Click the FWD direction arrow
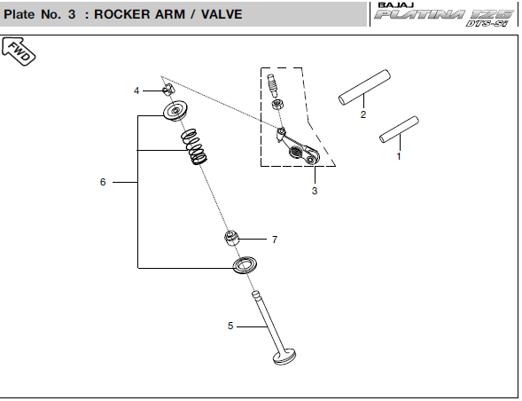pos(19,51)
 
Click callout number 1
pos(399,156)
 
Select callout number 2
pos(363,114)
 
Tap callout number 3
pos(315,191)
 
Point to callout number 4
pos(136,90)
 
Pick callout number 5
pos(230,326)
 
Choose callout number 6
pos(103,182)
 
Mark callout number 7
pos(275,240)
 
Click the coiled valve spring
pos(194,146)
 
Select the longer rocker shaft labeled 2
pos(364,87)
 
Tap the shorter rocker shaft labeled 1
pos(399,130)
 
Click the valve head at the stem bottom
pos(284,357)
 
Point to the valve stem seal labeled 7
pos(232,238)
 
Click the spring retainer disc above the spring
pos(175,110)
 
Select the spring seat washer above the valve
pos(245,265)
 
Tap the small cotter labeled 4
pos(168,90)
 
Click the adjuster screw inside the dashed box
pos(273,84)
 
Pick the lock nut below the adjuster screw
pos(277,104)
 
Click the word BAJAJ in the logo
pos(396,5)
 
